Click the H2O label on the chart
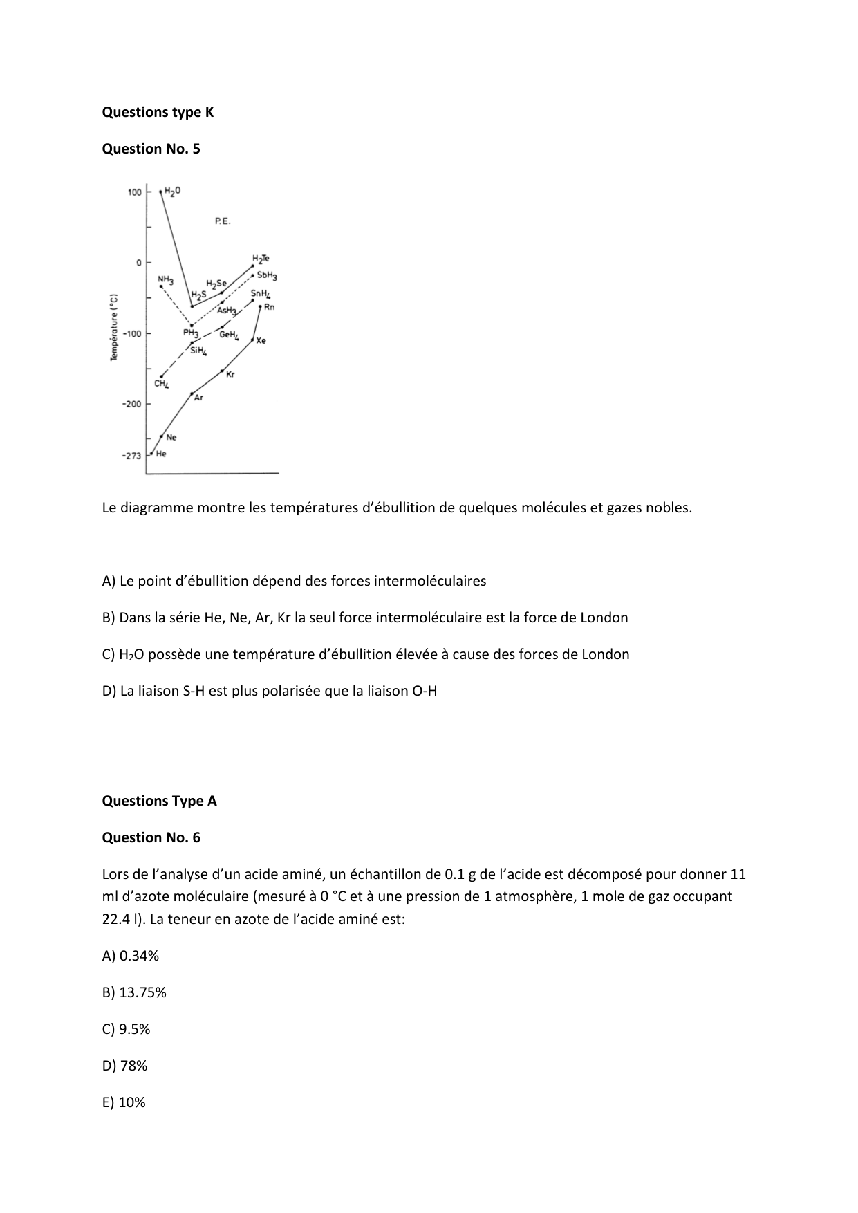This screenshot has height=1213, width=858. [x=173, y=191]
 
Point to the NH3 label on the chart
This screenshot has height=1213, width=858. [x=165, y=280]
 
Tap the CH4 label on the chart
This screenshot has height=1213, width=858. [x=161, y=384]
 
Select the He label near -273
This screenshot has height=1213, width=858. [x=161, y=454]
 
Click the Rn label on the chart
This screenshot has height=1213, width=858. [x=269, y=307]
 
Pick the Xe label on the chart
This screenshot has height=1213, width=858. [x=261, y=340]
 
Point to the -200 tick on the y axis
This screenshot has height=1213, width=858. [x=131, y=404]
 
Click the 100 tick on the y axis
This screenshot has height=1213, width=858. [x=134, y=192]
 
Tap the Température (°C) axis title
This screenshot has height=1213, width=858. [x=115, y=326]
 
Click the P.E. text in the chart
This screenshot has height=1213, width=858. [x=223, y=221]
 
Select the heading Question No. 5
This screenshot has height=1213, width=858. [x=151, y=149]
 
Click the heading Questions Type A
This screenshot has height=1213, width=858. [x=159, y=801]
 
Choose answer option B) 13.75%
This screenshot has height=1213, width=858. [x=134, y=992]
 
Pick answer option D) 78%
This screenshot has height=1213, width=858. [x=124, y=1066]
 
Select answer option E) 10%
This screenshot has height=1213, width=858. [x=124, y=1102]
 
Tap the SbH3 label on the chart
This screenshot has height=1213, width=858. [x=267, y=275]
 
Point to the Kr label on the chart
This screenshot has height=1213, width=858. [x=230, y=374]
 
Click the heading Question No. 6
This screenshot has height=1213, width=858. [x=151, y=837]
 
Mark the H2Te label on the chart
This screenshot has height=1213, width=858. [x=261, y=259]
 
